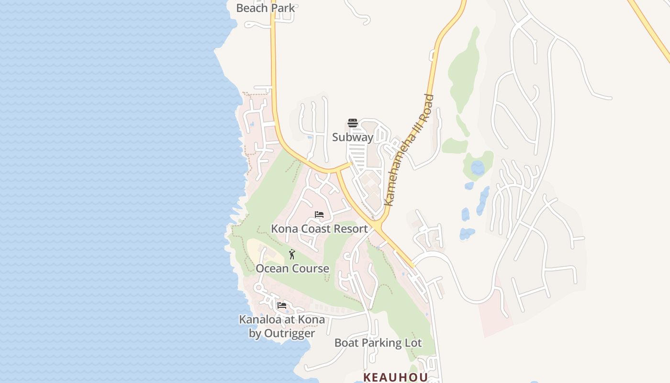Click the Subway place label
pyautogui.click(x=353, y=137)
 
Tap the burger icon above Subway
pyautogui.click(x=353, y=123)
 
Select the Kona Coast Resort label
pyautogui.click(x=319, y=229)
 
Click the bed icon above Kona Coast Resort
pyautogui.click(x=319, y=214)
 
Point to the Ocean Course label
pyautogui.click(x=292, y=269)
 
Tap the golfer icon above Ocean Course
pyautogui.click(x=292, y=254)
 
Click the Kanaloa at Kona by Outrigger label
pyautogui.click(x=282, y=326)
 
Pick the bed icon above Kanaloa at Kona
pyautogui.click(x=282, y=305)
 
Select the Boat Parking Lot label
pyautogui.click(x=378, y=343)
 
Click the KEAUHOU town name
pyautogui.click(x=395, y=377)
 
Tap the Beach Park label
pyautogui.click(x=266, y=8)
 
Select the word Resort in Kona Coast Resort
pyautogui.click(x=351, y=229)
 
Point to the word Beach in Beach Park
pyautogui.click(x=252, y=8)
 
